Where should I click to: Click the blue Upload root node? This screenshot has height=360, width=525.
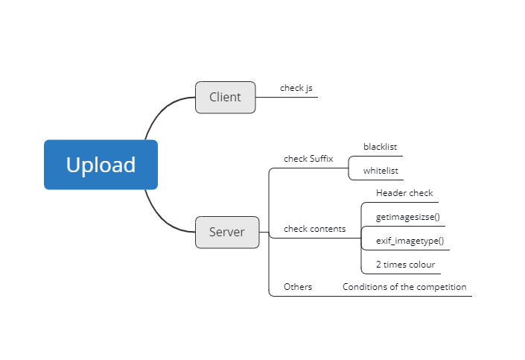101,165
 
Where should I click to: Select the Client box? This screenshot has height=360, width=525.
226,97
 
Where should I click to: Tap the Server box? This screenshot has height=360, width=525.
227,233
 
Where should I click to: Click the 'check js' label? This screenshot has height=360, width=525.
296,88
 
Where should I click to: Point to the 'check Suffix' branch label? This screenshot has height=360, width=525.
308,159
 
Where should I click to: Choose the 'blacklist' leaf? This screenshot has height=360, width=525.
380,147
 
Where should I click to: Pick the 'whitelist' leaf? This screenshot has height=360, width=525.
381,171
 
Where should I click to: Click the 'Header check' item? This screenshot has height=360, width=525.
404,193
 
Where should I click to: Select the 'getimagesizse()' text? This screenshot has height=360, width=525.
408,217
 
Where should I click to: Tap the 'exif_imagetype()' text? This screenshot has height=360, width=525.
410,241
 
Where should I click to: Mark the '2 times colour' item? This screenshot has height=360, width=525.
405,265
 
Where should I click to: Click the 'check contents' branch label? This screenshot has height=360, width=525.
315,229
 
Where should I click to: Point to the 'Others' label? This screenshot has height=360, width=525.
298,287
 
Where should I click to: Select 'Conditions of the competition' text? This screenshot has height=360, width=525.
404,287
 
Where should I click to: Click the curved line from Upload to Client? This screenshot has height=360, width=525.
163,110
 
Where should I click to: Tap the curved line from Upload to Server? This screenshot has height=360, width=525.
163,218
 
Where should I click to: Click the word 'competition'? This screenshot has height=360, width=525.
442,287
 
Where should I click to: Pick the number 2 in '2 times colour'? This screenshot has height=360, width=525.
378,265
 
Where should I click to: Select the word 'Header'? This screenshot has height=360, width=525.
389,193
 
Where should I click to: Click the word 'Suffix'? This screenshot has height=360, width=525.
321,159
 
